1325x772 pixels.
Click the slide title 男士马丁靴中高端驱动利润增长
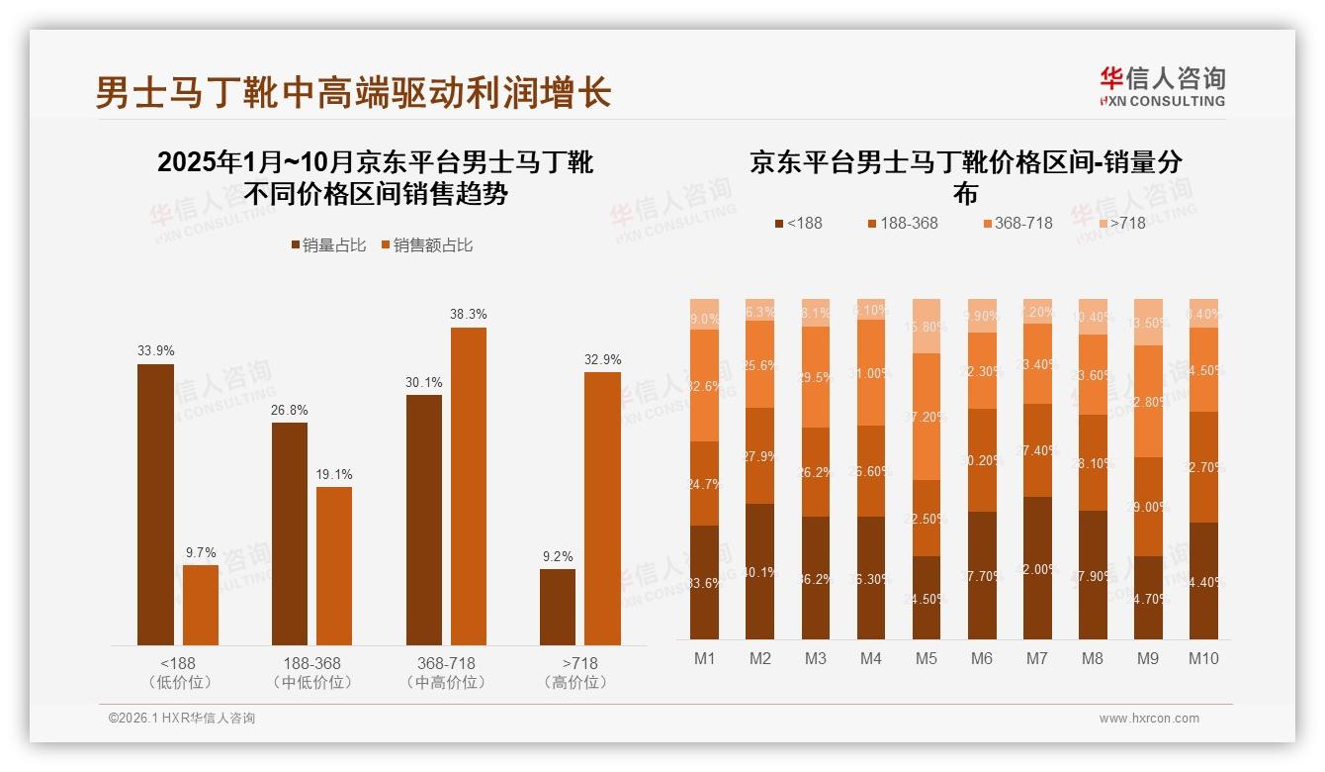(353, 92)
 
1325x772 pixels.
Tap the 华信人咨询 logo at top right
(1162, 86)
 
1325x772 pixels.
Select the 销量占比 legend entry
(330, 245)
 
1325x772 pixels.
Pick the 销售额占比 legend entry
(426, 245)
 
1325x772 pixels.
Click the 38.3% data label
(469, 314)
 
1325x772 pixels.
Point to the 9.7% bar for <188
(201, 605)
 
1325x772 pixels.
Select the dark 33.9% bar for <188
(155, 505)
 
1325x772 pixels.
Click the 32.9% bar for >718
(602, 509)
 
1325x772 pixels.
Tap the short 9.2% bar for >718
(558, 607)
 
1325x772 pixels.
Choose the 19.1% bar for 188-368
(334, 565)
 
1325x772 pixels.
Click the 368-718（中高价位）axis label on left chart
(446, 672)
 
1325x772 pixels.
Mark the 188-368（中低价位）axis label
(311, 672)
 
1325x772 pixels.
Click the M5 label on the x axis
(927, 658)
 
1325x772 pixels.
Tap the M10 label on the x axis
(1203, 658)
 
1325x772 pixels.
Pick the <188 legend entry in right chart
(798, 224)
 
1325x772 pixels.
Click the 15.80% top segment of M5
(927, 326)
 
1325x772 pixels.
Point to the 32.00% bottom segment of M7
(1037, 568)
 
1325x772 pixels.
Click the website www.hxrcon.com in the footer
(1149, 719)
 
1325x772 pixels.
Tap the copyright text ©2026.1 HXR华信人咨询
(182, 719)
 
